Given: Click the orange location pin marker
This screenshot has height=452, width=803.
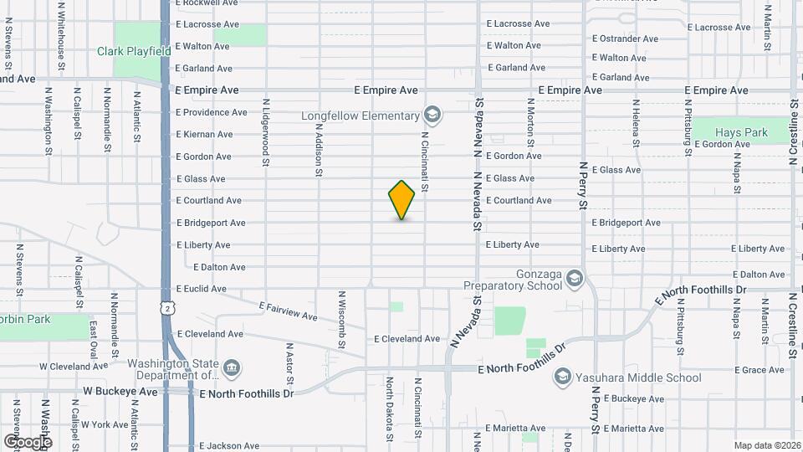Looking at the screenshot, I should click(x=401, y=200).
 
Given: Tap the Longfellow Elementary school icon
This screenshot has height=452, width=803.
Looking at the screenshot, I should click(x=432, y=114).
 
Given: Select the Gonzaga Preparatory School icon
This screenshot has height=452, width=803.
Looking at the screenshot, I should click(x=574, y=277).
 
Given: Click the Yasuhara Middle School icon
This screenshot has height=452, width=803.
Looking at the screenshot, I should click(x=562, y=378).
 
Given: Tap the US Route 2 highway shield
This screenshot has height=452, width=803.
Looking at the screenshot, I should click(x=169, y=310).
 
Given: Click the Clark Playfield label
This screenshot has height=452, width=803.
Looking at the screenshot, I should click(x=134, y=51).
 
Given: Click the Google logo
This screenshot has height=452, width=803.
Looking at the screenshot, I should click(x=28, y=441).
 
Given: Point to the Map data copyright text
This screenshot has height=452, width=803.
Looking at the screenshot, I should click(x=767, y=445).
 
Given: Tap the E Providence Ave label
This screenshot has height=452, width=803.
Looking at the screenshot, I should click(x=211, y=112).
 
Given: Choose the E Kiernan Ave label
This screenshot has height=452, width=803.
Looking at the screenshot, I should click(x=204, y=134).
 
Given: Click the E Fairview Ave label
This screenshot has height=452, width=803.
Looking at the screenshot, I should click(x=288, y=311).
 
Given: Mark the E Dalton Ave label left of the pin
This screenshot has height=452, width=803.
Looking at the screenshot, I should click(x=219, y=267).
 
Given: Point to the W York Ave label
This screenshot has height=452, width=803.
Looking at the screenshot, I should click(x=105, y=424).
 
